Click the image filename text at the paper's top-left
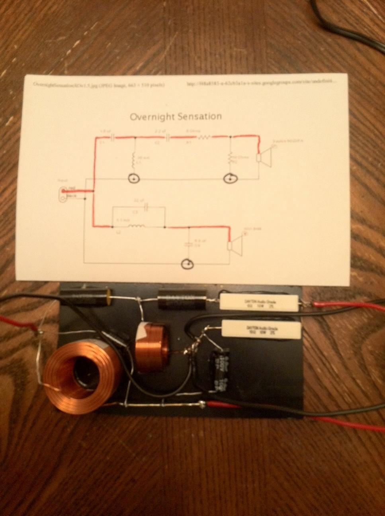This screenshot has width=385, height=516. click(x=94, y=85)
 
